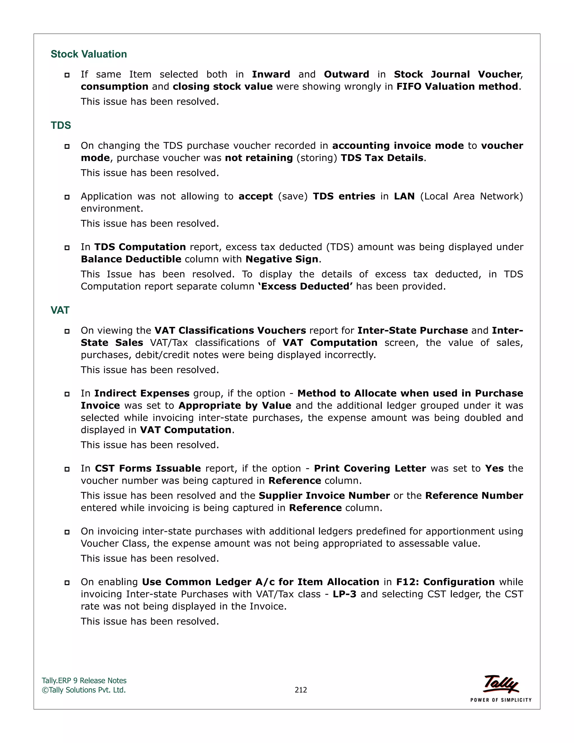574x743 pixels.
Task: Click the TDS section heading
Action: pos(61,126)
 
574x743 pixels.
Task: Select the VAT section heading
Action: pos(60,310)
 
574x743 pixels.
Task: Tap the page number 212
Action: pos(301,690)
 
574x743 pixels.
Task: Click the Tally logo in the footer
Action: pos(501,684)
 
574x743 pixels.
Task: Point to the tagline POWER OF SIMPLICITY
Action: pos(501,700)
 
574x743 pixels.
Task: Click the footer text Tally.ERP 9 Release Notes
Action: pos(84,680)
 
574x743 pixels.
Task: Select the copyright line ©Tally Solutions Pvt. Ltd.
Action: pos(84,690)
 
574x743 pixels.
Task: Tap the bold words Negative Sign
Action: pos(282,259)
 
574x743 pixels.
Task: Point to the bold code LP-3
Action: pos(344,594)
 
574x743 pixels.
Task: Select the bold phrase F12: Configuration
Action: pos(445,582)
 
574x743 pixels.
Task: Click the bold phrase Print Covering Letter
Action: pos(370,469)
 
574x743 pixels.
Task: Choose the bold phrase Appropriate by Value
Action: pos(235,405)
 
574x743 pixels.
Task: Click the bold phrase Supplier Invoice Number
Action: pos(324,496)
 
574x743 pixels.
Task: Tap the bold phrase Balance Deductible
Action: pos(131,259)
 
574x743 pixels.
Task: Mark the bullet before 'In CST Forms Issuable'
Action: pos(67,469)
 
